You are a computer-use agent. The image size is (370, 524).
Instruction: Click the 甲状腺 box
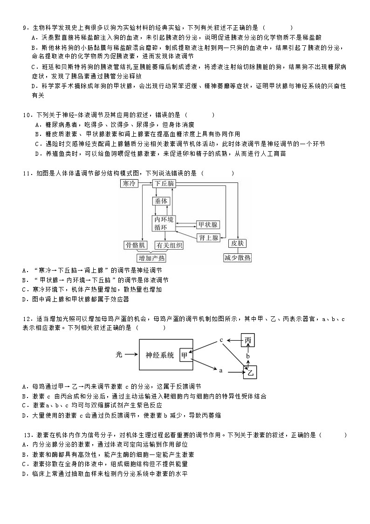[x=207, y=224]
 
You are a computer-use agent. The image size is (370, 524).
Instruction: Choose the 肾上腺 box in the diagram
[x=208, y=238]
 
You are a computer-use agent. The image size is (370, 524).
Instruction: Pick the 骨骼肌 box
[x=135, y=245]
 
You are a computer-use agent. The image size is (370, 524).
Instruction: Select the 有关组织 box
[x=169, y=245]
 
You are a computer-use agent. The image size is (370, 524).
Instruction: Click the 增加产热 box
[x=151, y=258]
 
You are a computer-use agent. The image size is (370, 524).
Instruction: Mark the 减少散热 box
[x=238, y=258]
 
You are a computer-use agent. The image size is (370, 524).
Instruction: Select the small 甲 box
[x=185, y=355]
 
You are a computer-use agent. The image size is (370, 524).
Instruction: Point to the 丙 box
[x=248, y=341]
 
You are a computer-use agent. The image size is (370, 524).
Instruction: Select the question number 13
[x=26, y=435]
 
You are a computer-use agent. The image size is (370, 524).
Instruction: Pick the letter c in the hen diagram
[x=221, y=340]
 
